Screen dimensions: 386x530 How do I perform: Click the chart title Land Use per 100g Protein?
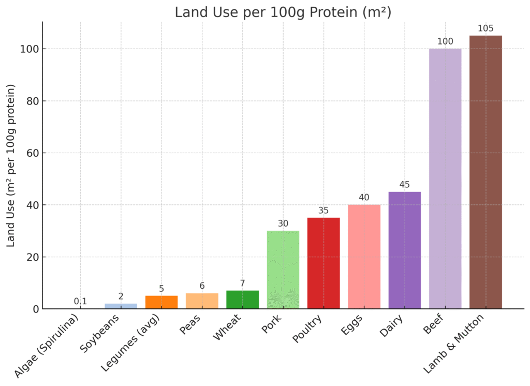(x=283, y=12)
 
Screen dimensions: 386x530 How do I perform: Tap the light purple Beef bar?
(x=445, y=179)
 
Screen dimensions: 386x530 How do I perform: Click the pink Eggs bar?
(x=364, y=257)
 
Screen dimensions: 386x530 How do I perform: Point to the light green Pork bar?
(x=283, y=270)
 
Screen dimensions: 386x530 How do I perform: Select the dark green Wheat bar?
(x=242, y=300)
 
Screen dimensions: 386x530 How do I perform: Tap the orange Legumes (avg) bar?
(x=161, y=302)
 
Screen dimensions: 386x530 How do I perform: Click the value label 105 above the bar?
(x=485, y=28)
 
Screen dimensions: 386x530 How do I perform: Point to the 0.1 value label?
(x=80, y=301)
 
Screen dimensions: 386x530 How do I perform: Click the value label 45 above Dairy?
(x=404, y=185)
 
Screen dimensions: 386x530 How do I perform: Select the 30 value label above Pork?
(x=283, y=224)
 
